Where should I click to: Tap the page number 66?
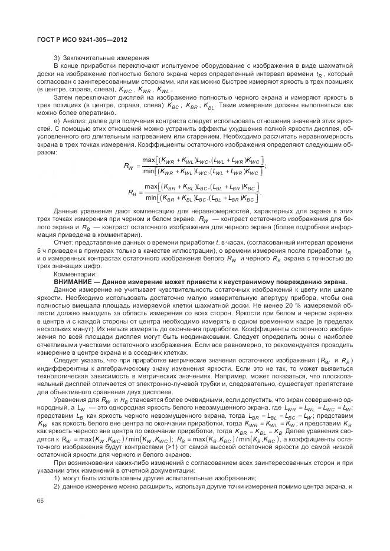pyautogui.click(x=41, y=500)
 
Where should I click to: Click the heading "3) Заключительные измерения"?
pyautogui.click(x=97, y=57)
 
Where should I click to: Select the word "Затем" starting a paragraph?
pyautogui.click(x=64, y=96)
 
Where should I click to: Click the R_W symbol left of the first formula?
pyautogui.click(x=129, y=167)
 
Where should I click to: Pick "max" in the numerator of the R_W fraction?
pyautogui.click(x=149, y=160)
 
